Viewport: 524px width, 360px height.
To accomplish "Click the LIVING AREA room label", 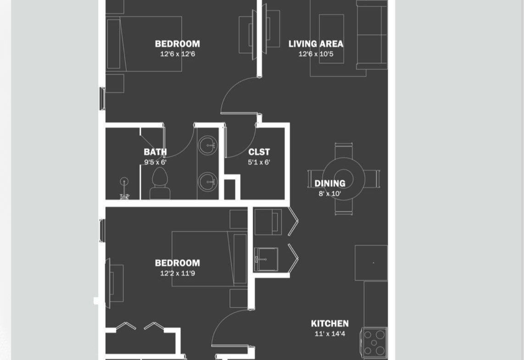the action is (316, 44).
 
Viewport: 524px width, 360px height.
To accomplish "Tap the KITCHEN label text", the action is (330, 323).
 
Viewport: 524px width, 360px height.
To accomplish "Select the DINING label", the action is (330, 183).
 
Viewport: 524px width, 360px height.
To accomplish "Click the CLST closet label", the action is (259, 152).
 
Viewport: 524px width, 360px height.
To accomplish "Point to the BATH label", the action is (155, 152).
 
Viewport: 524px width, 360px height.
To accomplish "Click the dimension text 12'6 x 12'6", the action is (178, 54).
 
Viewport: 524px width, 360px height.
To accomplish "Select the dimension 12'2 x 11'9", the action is (178, 273).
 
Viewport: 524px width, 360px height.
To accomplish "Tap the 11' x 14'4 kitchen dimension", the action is (330, 333).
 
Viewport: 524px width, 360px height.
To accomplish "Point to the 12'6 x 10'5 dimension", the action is (316, 54).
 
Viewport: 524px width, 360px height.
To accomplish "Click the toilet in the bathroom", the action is (160, 184).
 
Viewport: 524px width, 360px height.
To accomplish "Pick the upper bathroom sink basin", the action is (207, 145).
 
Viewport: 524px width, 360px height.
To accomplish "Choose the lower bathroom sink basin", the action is (207, 182).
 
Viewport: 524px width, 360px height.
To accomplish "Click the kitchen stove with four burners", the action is (374, 342).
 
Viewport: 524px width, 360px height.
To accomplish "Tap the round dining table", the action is (344, 179).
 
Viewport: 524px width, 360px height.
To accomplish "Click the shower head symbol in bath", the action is (124, 182).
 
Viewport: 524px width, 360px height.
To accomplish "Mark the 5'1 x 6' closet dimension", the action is (259, 162).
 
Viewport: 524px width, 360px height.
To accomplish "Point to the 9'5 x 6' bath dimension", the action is (155, 162).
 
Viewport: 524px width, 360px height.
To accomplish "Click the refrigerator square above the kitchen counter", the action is (371, 263).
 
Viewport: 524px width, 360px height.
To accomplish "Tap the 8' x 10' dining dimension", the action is (330, 194).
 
